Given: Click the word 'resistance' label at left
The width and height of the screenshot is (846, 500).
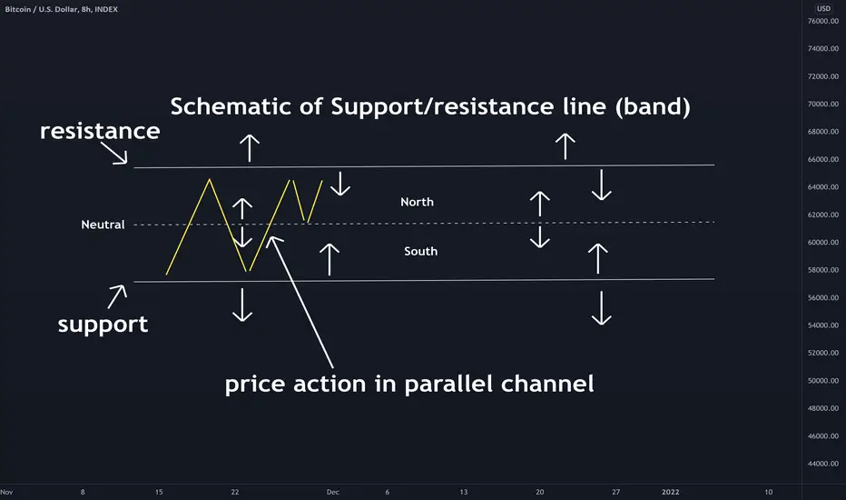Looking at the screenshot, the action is [x=100, y=131].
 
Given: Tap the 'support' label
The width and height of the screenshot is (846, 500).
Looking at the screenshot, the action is [x=103, y=325].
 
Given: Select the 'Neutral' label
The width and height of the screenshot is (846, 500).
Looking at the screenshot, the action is [x=103, y=225].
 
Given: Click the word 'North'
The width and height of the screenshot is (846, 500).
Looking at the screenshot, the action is [x=417, y=202].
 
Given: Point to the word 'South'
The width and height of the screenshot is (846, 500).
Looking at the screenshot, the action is [x=421, y=251].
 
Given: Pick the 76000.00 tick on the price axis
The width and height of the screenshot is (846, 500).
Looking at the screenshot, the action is [x=822, y=21].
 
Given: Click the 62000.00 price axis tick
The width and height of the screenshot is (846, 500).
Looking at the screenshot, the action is [x=822, y=215].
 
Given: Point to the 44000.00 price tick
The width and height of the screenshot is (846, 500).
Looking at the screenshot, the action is [x=822, y=464].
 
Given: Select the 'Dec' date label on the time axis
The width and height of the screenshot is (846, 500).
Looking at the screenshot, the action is [x=333, y=492].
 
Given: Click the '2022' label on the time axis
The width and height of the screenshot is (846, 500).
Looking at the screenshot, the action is [x=671, y=492].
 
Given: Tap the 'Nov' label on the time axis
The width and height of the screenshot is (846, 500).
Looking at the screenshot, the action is [x=6, y=492].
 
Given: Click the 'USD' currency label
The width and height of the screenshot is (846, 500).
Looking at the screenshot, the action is [x=823, y=9].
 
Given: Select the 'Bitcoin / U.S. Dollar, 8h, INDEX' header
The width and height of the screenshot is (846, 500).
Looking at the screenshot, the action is [x=62, y=9].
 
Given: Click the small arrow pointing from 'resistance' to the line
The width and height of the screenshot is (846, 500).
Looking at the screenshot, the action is [x=113, y=153].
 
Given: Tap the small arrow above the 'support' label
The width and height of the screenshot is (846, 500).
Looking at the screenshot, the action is [x=117, y=296].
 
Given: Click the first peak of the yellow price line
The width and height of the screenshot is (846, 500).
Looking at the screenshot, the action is [x=210, y=179].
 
